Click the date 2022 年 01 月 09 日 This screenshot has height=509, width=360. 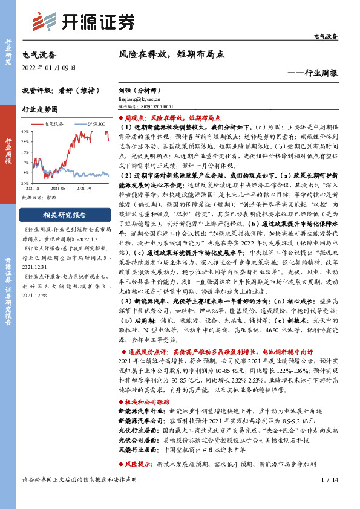click(x=48, y=66)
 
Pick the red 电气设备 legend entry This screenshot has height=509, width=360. click(x=55, y=124)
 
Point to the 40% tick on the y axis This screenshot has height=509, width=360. click(x=25, y=131)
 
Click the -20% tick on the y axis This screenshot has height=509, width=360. click(x=25, y=182)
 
